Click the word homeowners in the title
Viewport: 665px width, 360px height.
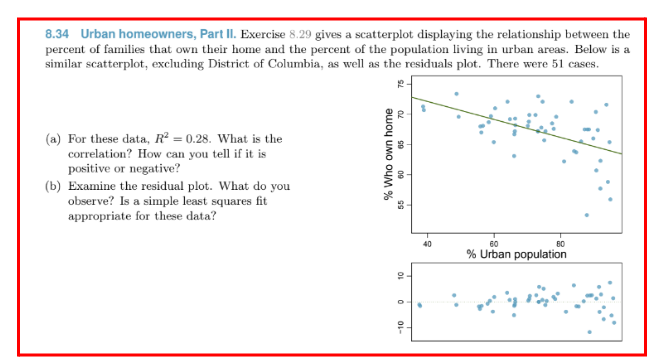tap(140, 34)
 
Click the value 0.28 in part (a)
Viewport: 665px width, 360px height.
tap(201, 139)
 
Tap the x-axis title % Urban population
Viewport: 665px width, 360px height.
tap(516, 254)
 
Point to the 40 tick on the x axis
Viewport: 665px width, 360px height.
tap(427, 243)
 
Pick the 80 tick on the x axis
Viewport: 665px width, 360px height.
tap(560, 243)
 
